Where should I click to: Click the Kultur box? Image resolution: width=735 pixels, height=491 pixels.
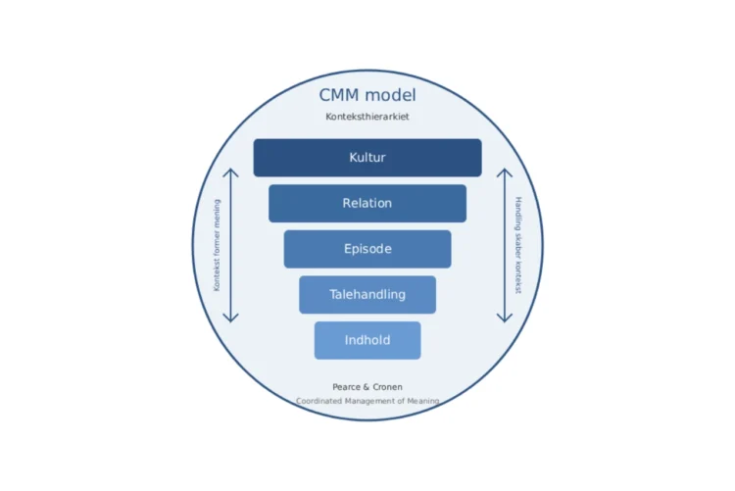coord(367,158)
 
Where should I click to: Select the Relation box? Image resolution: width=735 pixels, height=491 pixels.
coord(367,204)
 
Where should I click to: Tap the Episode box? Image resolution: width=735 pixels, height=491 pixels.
coord(367,249)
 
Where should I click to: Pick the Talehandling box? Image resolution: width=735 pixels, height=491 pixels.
coord(367,294)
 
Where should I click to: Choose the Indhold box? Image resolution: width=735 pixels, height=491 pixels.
coord(367,340)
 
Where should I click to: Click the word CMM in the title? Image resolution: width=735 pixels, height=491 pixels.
coord(340,95)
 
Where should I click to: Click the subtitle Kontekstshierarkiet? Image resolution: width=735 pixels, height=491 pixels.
coord(367,117)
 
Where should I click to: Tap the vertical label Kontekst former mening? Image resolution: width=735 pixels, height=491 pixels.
coord(217,245)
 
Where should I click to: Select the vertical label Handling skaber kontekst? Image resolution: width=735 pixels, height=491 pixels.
coord(518,245)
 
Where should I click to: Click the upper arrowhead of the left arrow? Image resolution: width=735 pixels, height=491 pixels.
coord(230,172)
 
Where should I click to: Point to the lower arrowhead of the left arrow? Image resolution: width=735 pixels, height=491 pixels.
coord(230,318)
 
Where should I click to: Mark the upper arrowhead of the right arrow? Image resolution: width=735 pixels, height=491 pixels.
coord(505,172)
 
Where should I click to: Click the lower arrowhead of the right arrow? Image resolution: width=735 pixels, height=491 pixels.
coord(505,318)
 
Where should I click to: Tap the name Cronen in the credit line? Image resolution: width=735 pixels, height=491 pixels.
coord(387,387)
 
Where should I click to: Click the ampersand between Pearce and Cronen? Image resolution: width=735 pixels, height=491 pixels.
coord(366,387)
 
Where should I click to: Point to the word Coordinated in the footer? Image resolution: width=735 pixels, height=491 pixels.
coord(318,401)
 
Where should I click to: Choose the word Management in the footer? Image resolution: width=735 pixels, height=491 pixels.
coord(370,401)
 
